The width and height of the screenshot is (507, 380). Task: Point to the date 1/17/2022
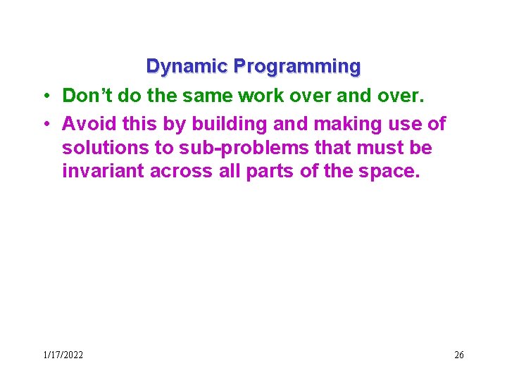[x=63, y=355]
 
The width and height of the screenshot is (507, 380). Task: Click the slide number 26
[x=459, y=355]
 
